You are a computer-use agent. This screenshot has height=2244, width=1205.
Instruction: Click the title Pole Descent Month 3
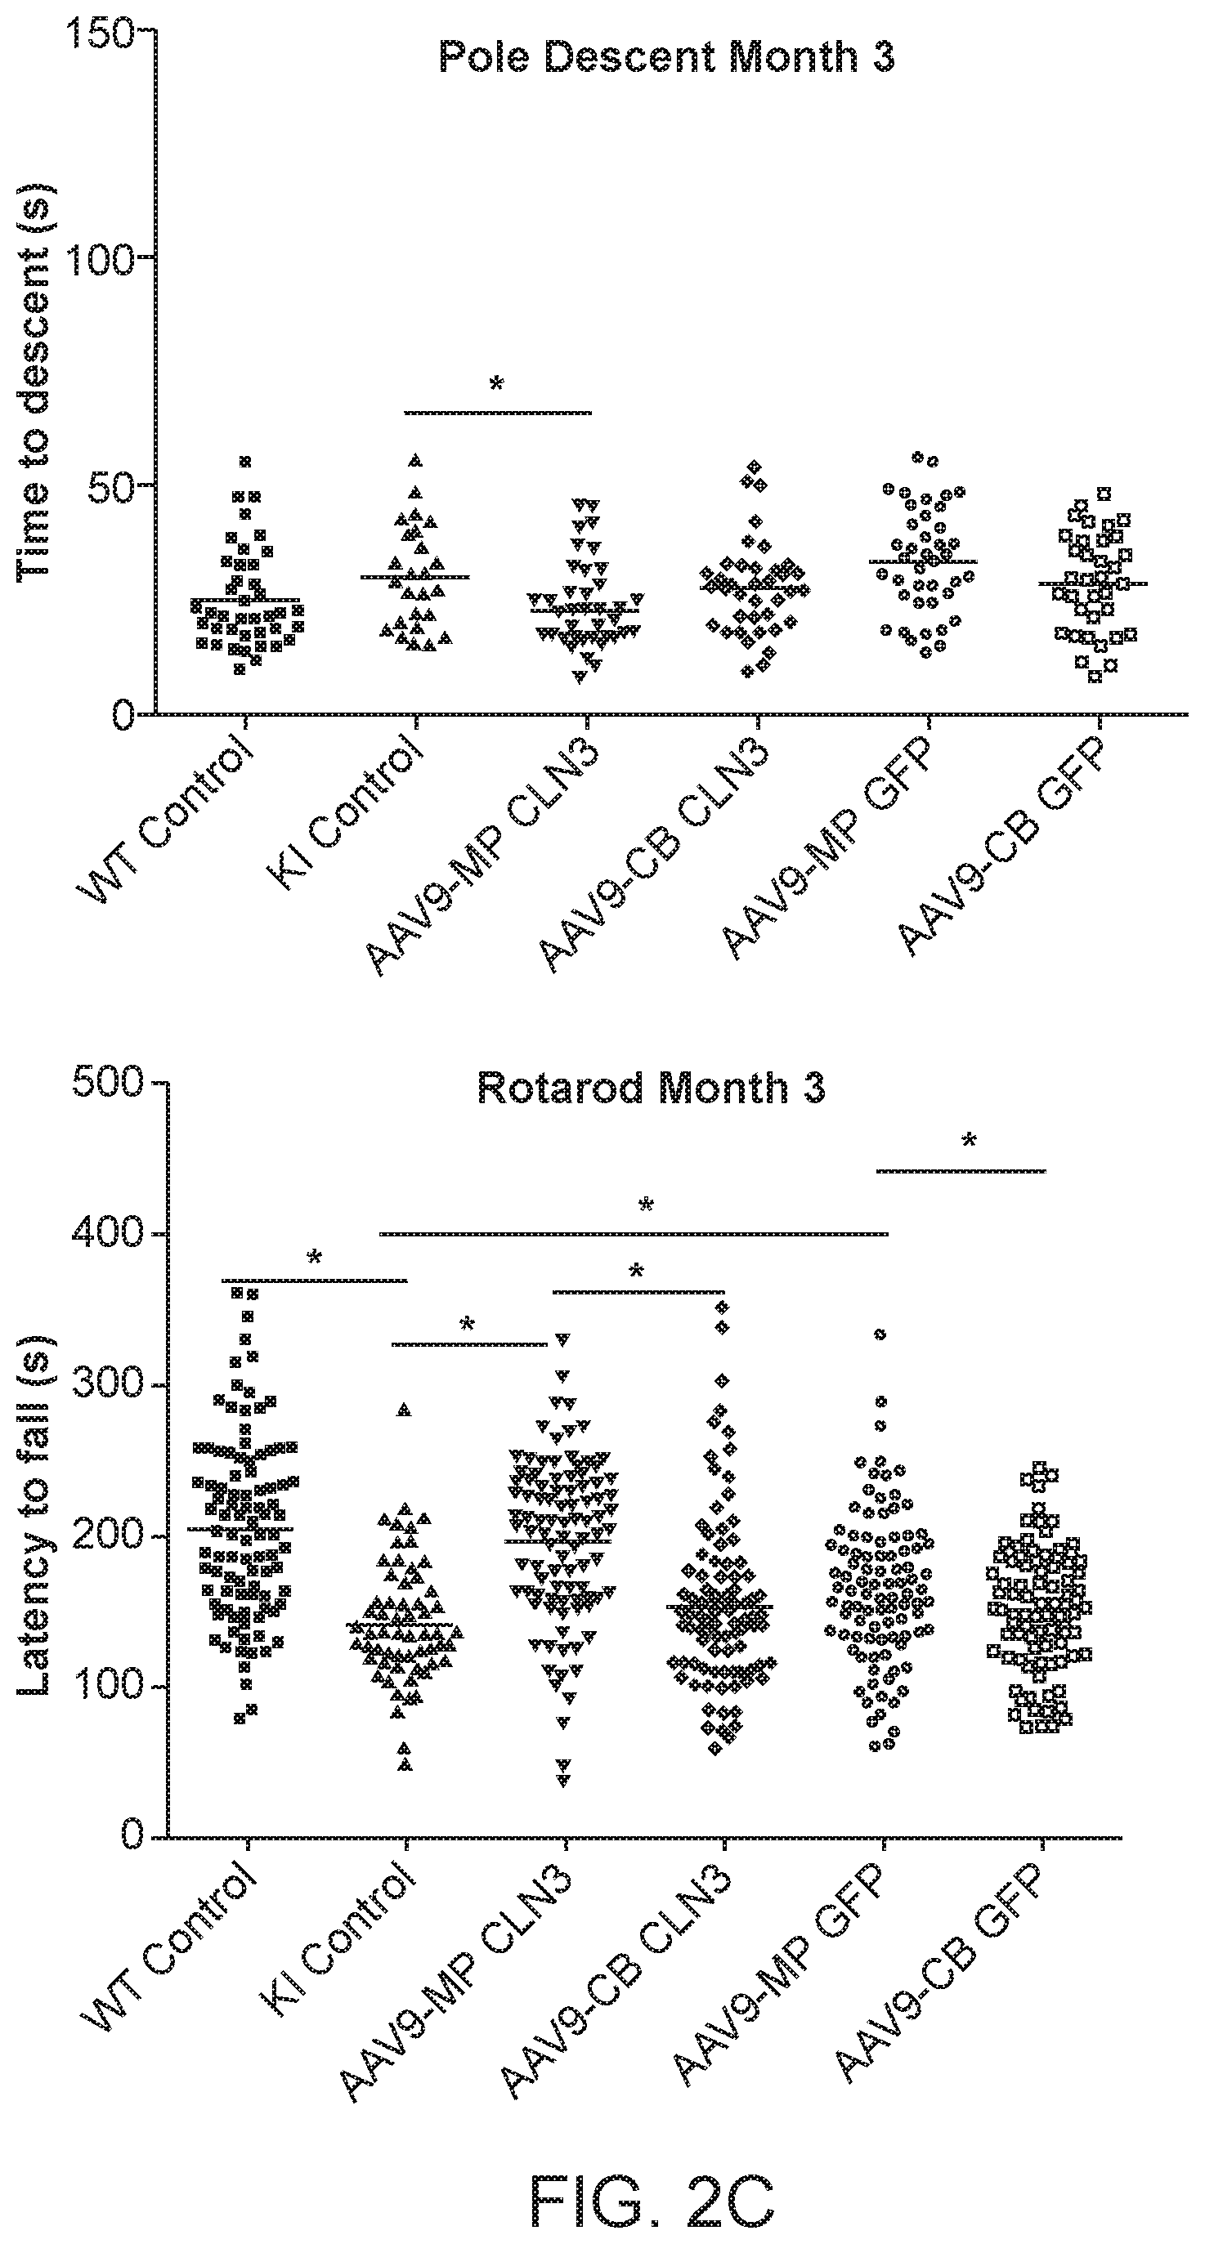coord(666,57)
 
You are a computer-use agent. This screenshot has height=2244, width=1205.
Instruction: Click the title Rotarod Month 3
coord(652,1088)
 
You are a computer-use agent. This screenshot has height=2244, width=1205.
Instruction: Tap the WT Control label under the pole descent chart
coord(168,820)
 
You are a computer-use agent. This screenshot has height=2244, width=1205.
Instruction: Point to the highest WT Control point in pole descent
coord(246,461)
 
